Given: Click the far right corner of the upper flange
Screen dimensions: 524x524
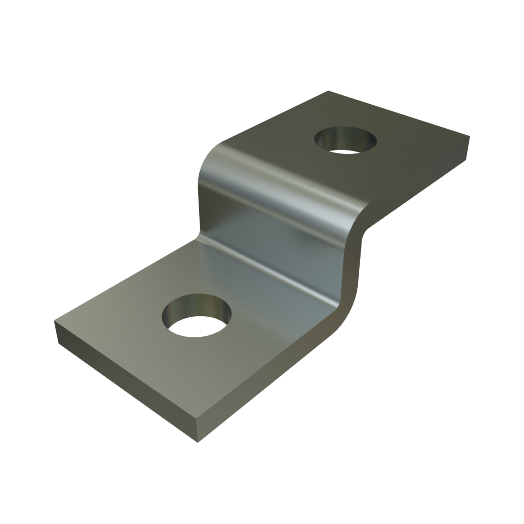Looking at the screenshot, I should pos(470,137).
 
